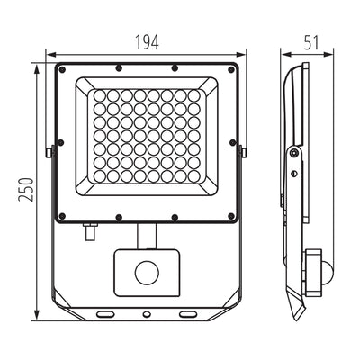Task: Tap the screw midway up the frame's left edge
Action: click(x=61, y=143)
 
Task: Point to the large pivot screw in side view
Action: click(x=293, y=155)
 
